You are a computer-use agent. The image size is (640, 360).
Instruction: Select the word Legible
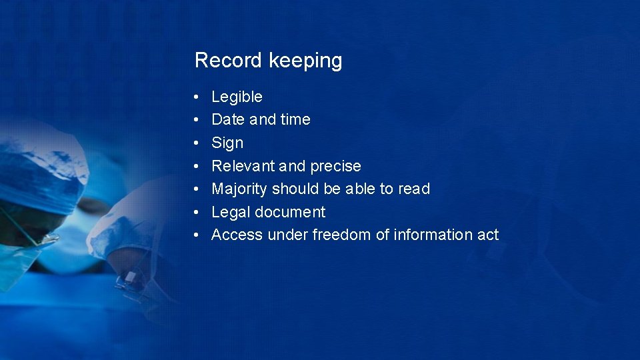coord(237,97)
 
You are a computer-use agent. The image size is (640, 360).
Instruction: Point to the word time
coord(295,119)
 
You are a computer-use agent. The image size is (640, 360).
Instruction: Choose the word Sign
coord(227,143)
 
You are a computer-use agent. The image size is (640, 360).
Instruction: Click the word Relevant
coord(241,166)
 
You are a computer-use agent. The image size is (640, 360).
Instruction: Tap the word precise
coord(335,166)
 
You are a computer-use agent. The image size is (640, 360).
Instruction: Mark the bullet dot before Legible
coord(197,97)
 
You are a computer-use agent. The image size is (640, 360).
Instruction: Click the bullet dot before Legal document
coord(197,212)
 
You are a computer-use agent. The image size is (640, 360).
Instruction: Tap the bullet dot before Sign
coord(197,143)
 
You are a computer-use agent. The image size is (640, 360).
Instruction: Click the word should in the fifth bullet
coord(296,189)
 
